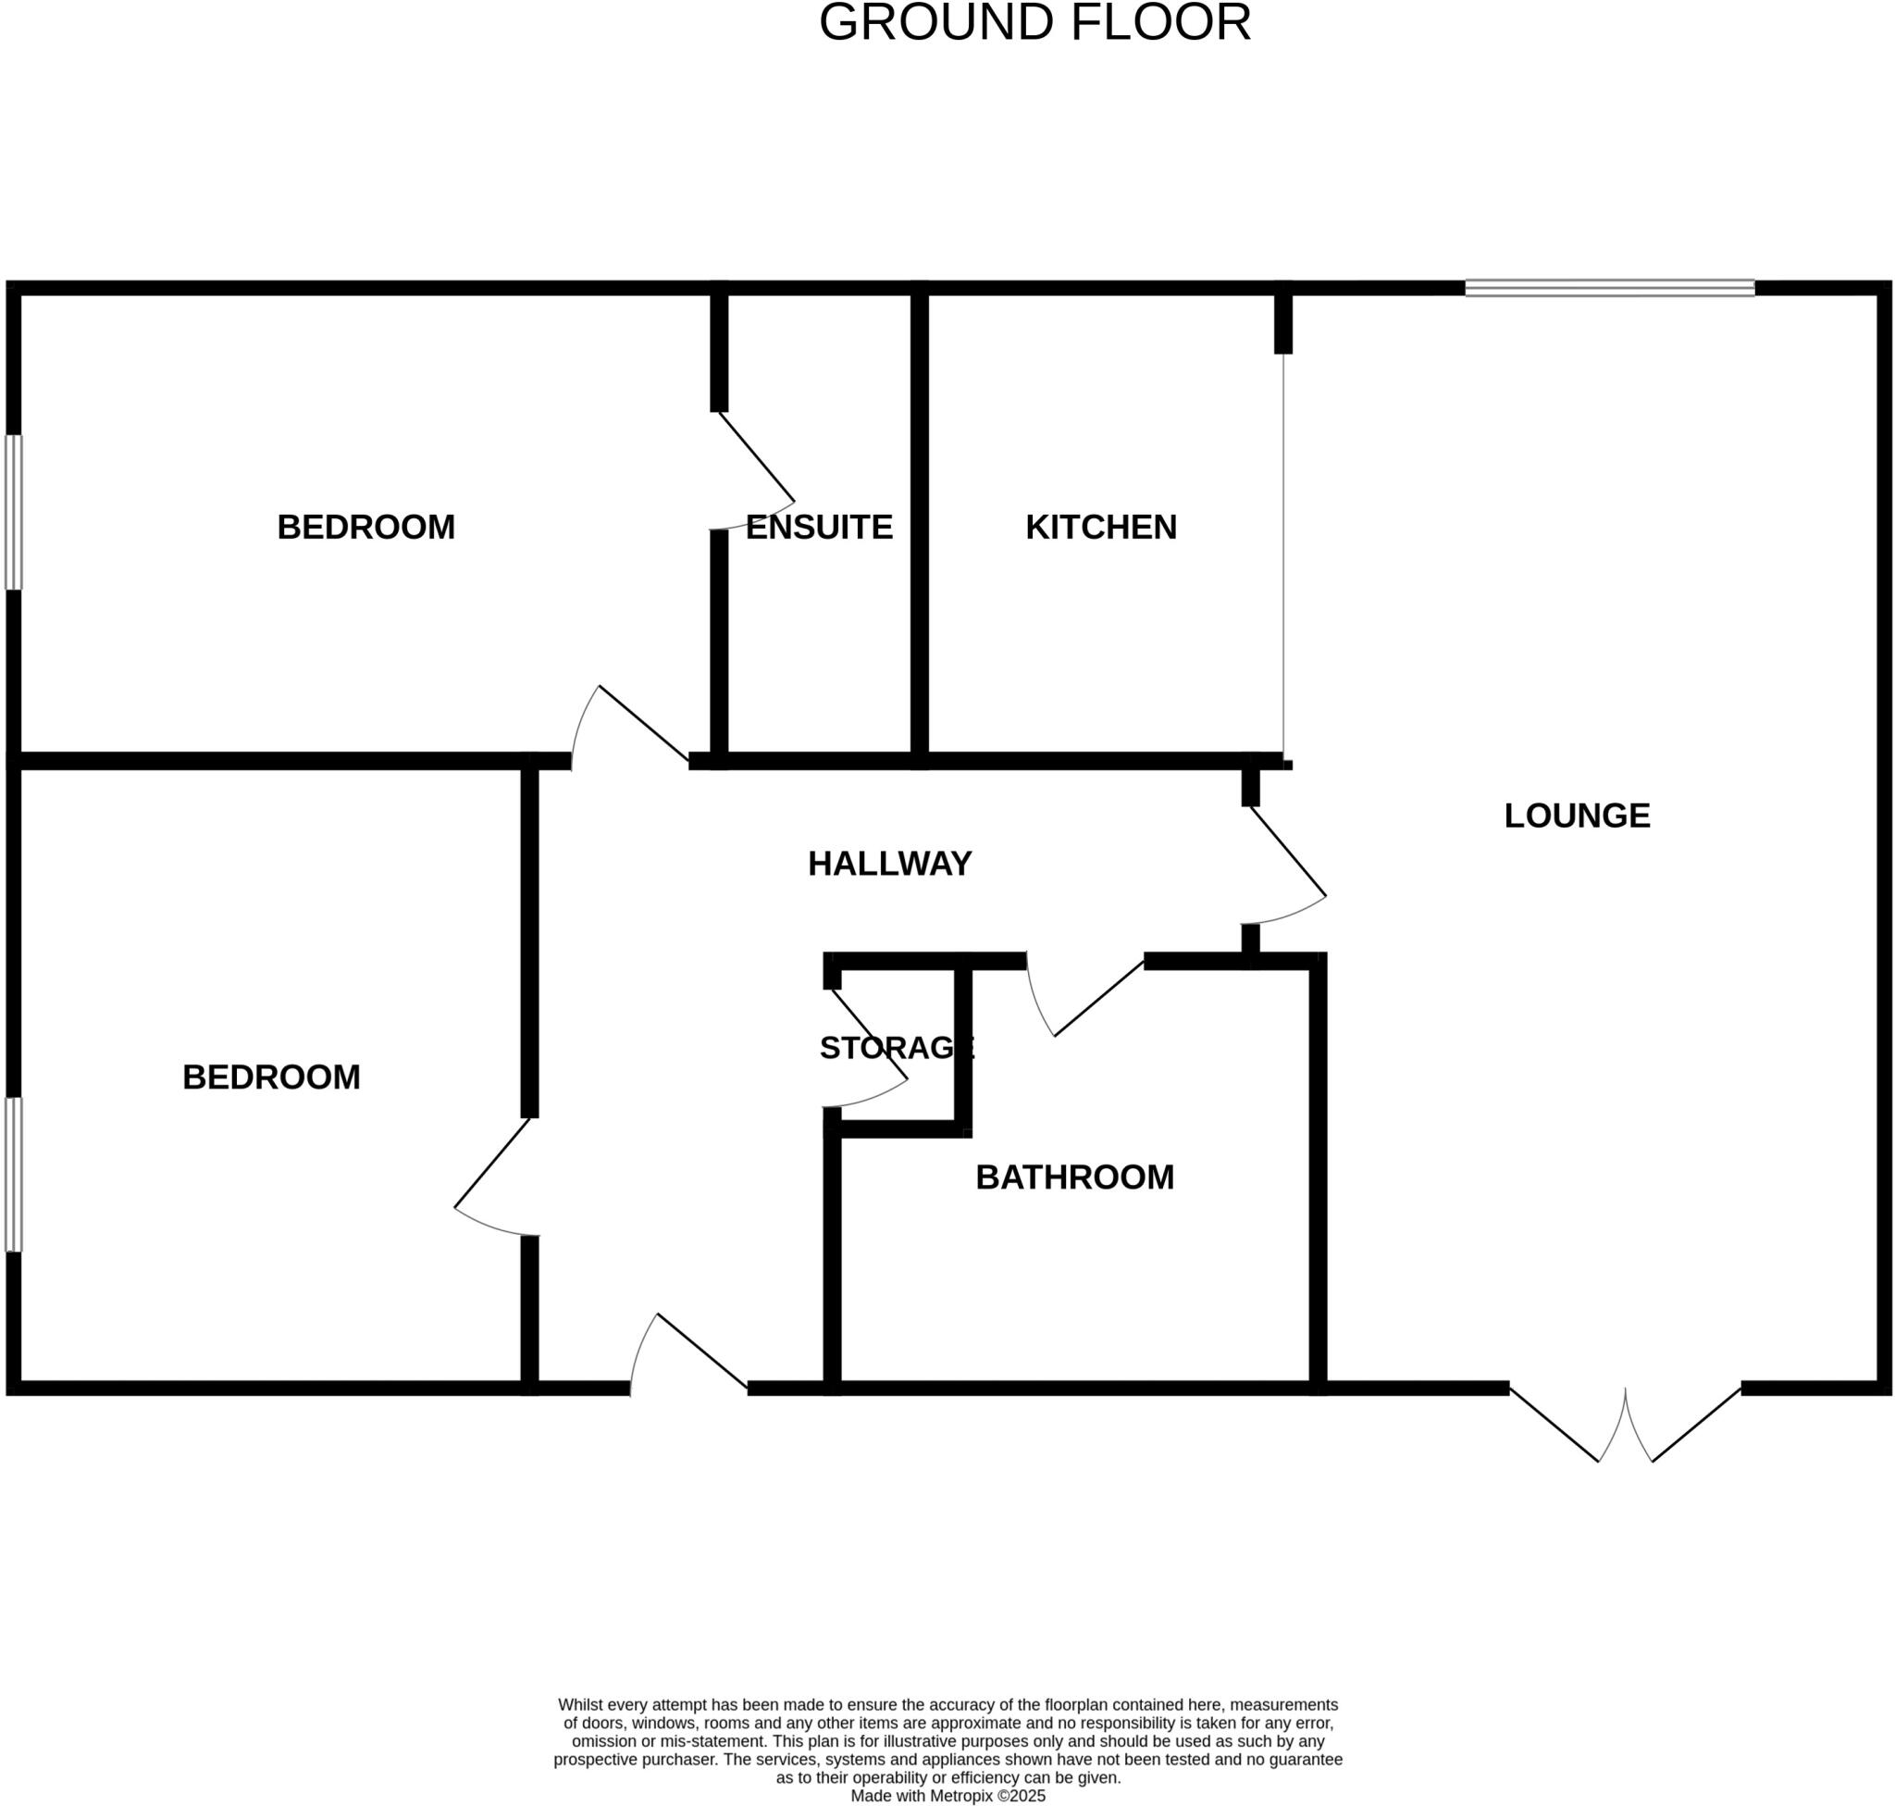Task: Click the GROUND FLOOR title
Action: (1034, 22)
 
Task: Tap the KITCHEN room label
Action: (1101, 528)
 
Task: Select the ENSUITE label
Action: (819, 528)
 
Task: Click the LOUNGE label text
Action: (1577, 816)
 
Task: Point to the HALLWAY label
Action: (889, 865)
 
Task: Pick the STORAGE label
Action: (897, 1047)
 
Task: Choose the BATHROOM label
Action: (1075, 1177)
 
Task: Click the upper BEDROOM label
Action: (365, 528)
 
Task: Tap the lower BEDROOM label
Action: (271, 1077)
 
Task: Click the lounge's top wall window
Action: (1609, 288)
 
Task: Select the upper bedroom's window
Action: (14, 512)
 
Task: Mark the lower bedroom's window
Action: (14, 1175)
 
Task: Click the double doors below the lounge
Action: (1626, 1424)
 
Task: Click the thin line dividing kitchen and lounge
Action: (1282, 555)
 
